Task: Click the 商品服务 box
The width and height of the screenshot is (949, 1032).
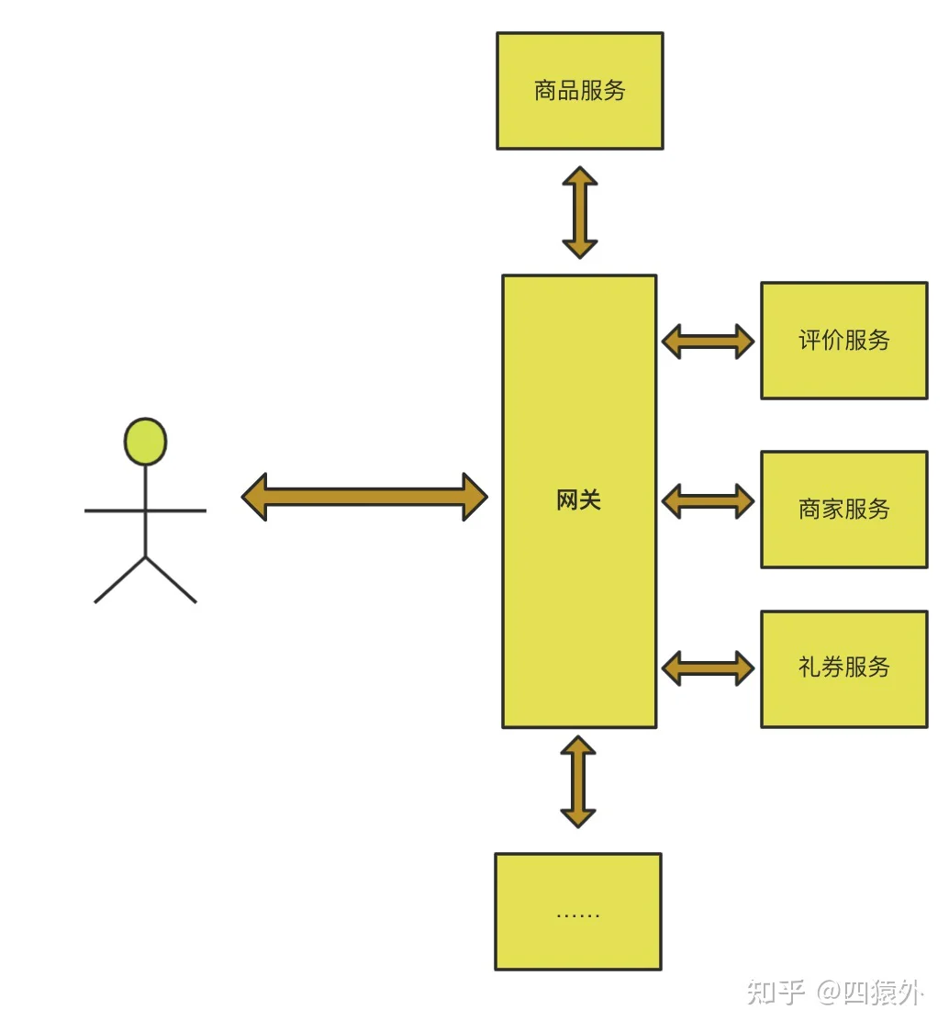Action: pos(580,91)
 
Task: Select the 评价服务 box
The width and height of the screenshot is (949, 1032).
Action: pos(844,341)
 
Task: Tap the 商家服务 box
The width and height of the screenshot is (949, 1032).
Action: pos(844,510)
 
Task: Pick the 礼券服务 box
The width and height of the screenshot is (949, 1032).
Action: pos(844,668)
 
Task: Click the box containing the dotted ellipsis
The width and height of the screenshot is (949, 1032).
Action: pos(578,912)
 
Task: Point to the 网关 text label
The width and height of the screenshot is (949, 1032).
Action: pos(578,500)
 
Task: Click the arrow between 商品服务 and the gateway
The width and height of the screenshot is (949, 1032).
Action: pos(580,212)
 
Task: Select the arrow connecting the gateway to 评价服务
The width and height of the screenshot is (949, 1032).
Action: pos(709,341)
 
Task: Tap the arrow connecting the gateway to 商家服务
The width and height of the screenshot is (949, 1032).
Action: pos(709,501)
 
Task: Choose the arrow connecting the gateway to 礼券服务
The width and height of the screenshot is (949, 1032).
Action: pos(709,668)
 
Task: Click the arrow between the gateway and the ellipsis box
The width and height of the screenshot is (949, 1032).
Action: pos(578,781)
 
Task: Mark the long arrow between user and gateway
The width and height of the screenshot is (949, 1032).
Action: pos(364,497)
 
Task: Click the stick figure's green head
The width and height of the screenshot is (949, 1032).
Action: pos(145,441)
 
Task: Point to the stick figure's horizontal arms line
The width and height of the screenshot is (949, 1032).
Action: pos(145,510)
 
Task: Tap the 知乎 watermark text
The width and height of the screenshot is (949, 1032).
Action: pos(776,992)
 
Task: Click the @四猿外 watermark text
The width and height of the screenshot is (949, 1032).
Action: pos(870,993)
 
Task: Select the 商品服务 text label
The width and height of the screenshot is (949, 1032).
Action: pos(580,90)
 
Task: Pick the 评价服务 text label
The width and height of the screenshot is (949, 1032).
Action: pos(844,341)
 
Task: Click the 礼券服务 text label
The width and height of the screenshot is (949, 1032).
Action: pos(844,667)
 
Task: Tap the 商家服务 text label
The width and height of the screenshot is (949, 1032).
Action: pos(844,509)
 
